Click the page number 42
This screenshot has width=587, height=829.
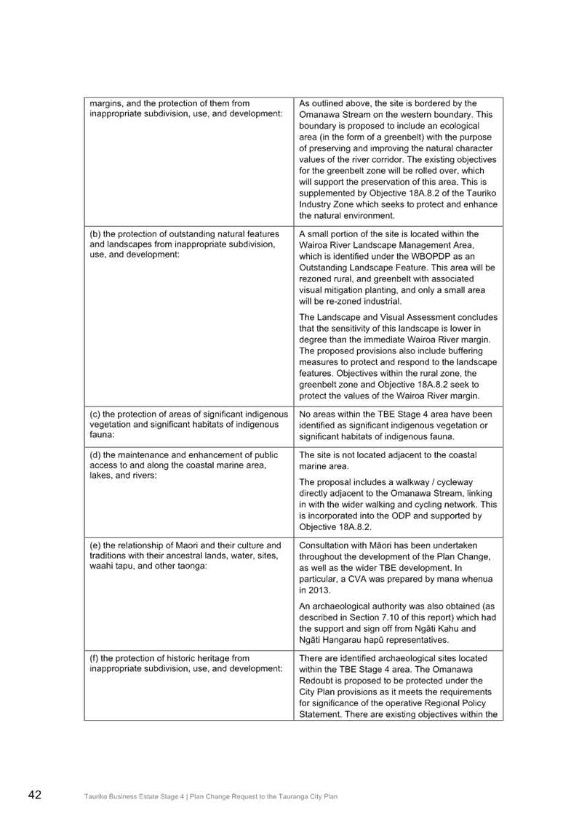(34, 795)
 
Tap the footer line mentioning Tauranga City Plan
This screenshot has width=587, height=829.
(211, 797)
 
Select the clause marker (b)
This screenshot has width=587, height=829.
(95, 234)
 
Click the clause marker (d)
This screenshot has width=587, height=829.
(95, 455)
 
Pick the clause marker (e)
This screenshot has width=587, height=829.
(95, 545)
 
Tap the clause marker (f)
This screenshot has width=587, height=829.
(94, 658)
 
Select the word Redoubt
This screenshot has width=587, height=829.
(318, 681)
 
